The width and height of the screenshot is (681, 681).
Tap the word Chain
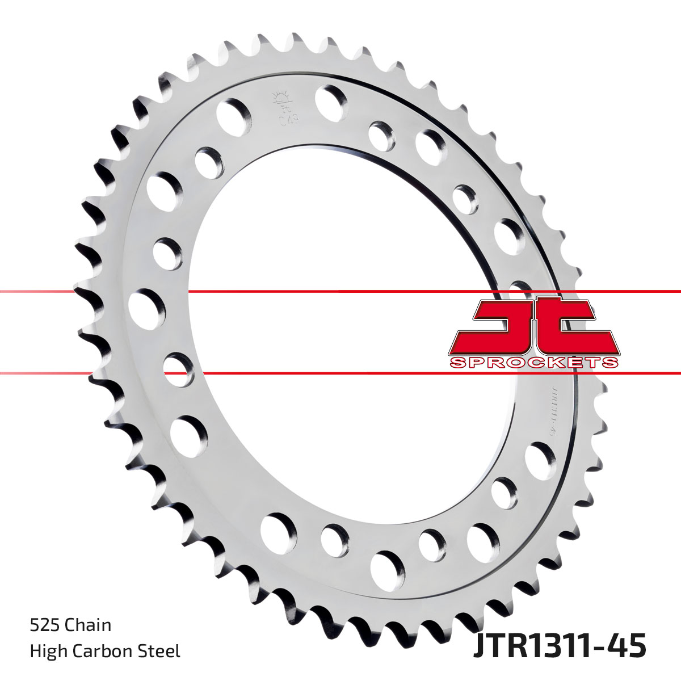(x=88, y=625)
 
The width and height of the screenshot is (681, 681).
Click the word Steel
(x=162, y=651)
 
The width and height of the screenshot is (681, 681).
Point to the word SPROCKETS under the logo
(x=533, y=363)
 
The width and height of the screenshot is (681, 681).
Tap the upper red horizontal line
(x=340, y=292)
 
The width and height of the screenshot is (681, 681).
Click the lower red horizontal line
(x=340, y=373)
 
